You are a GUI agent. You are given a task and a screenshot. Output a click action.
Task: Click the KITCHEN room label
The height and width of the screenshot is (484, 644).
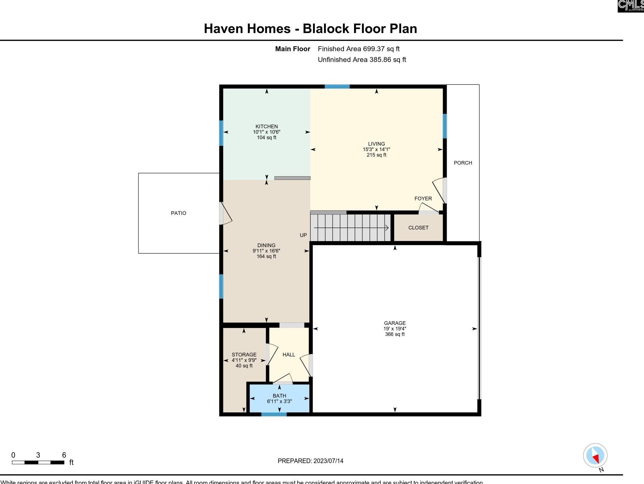266,126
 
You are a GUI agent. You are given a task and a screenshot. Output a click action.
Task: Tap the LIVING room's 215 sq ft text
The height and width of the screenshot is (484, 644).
376,155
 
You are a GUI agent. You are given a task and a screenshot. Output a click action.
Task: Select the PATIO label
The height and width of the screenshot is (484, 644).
178,213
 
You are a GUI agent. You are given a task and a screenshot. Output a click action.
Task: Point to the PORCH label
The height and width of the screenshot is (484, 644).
463,163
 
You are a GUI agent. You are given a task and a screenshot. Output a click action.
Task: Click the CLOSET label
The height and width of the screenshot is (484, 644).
418,228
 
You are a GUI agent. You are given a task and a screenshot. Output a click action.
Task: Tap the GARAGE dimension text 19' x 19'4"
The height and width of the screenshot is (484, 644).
395,329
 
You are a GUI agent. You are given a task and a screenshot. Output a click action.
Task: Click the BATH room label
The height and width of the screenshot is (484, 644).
279,396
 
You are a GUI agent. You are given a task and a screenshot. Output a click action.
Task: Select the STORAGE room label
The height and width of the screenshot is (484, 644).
244,355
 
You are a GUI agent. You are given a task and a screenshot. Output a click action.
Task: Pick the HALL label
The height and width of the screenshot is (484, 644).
288,355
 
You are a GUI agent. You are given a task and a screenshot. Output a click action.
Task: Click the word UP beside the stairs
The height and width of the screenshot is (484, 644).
303,235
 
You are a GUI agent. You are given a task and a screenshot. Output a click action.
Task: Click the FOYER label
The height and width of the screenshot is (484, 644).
423,199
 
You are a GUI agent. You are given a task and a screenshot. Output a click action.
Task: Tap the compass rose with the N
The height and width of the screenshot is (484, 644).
595,456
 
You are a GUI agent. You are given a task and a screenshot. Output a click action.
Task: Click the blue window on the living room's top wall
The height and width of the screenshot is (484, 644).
337,87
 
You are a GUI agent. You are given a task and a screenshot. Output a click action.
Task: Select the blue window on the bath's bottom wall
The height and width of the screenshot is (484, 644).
274,414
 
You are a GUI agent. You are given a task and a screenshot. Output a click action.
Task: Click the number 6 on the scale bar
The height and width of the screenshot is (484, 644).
64,455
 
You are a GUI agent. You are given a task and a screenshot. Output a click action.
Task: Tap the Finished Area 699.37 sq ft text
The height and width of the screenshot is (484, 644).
359,49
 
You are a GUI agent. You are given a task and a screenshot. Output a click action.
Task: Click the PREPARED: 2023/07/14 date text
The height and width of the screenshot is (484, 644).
310,461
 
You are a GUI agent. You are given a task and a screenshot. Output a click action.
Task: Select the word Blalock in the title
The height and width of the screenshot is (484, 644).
326,29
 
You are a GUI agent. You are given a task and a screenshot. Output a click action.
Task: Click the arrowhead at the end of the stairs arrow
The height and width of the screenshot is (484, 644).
387,228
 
